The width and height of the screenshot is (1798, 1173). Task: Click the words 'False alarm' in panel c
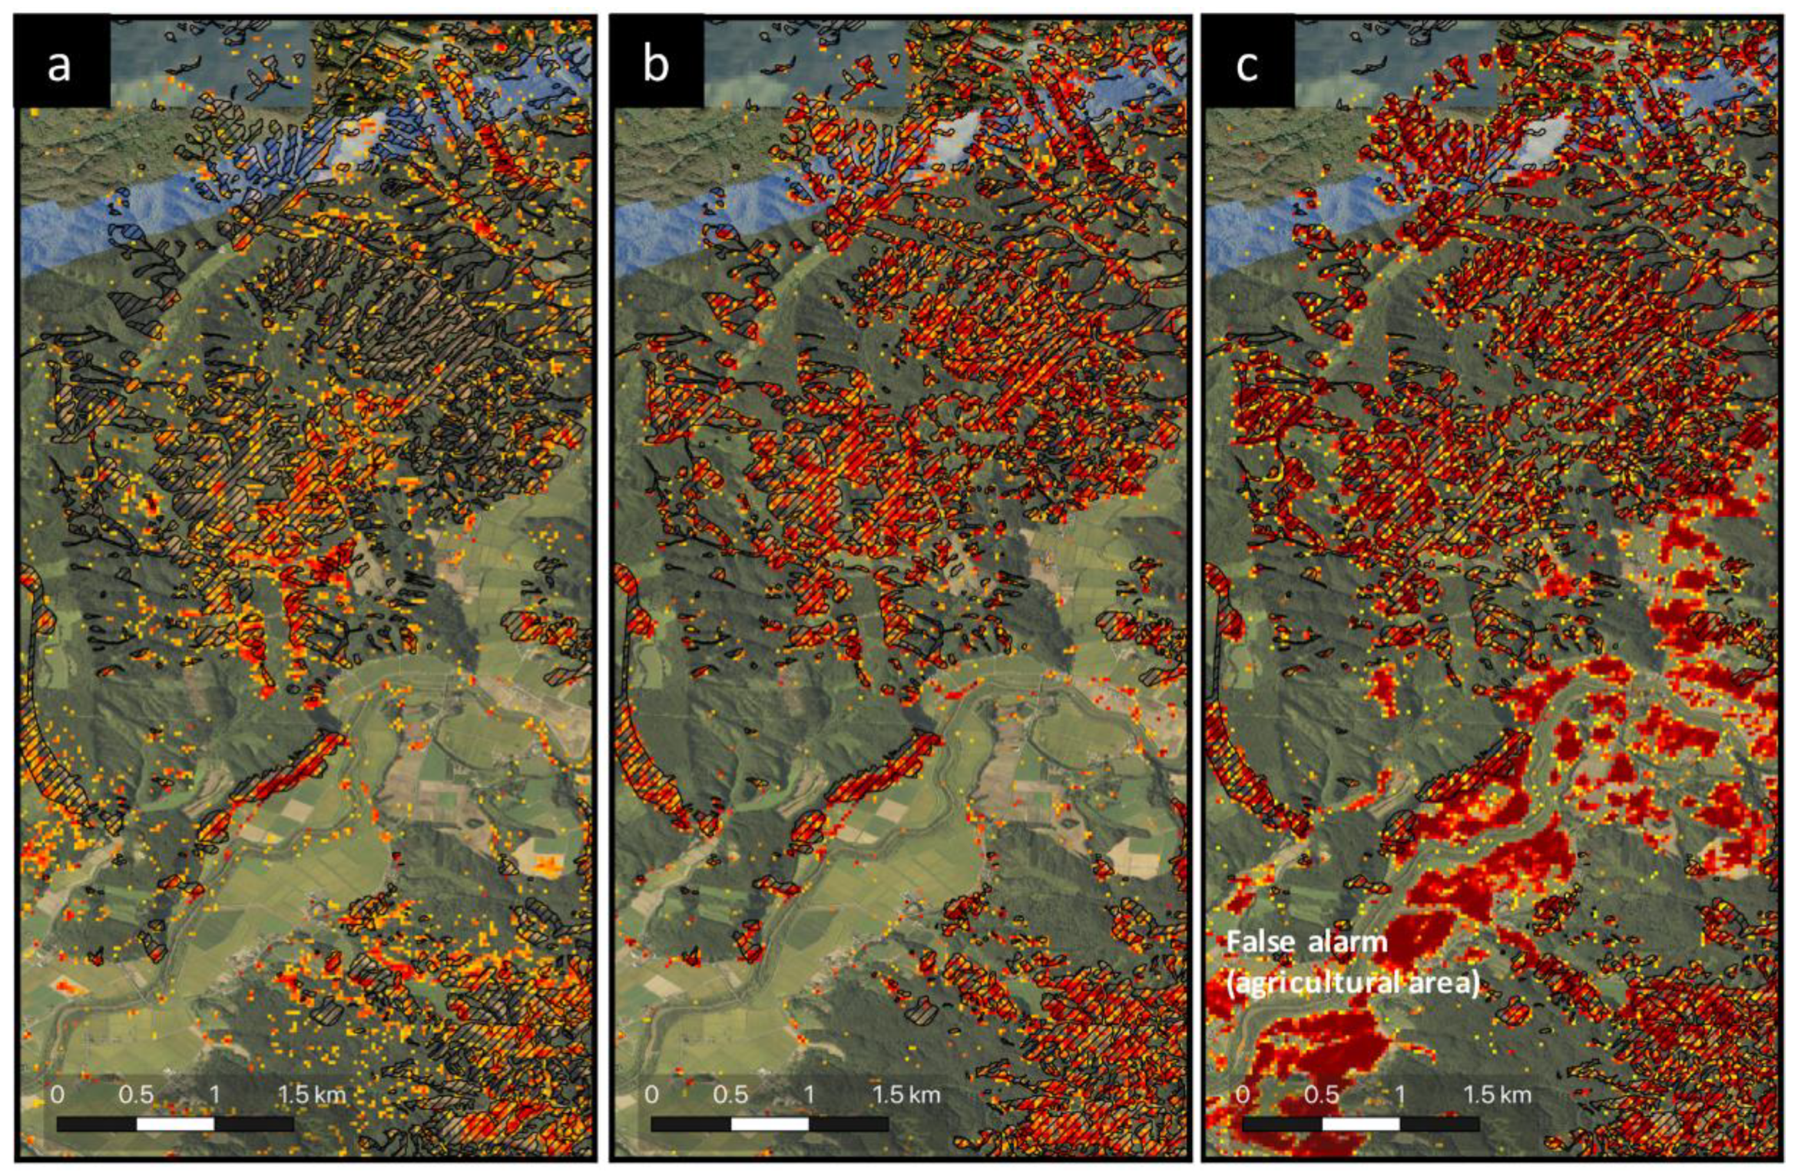click(x=1306, y=942)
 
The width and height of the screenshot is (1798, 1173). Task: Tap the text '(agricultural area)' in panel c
click(x=1353, y=982)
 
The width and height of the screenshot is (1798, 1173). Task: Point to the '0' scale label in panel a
click(x=57, y=1094)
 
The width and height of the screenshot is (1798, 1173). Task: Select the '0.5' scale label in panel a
click(x=136, y=1094)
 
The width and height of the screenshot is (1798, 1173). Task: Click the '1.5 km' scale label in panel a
click(x=311, y=1094)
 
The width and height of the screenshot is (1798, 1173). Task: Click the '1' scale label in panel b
click(x=809, y=1094)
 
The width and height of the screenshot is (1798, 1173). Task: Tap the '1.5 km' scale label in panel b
click(x=906, y=1094)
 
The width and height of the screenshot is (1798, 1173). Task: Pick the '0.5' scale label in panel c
click(x=1321, y=1094)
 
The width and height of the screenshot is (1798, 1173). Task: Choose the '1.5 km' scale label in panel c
click(x=1497, y=1094)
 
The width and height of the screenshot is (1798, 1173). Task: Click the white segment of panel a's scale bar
click(x=175, y=1124)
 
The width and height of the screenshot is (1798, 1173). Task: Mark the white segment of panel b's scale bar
click(x=770, y=1124)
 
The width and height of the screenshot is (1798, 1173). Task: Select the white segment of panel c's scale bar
click(x=1360, y=1124)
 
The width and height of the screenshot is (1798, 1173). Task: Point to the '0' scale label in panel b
click(x=651, y=1094)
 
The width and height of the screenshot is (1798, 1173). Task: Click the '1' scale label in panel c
click(x=1400, y=1094)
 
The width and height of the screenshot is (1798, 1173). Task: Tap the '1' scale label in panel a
click(x=215, y=1094)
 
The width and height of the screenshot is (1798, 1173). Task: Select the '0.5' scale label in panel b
click(x=730, y=1094)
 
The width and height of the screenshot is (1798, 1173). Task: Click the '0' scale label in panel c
click(x=1243, y=1094)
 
